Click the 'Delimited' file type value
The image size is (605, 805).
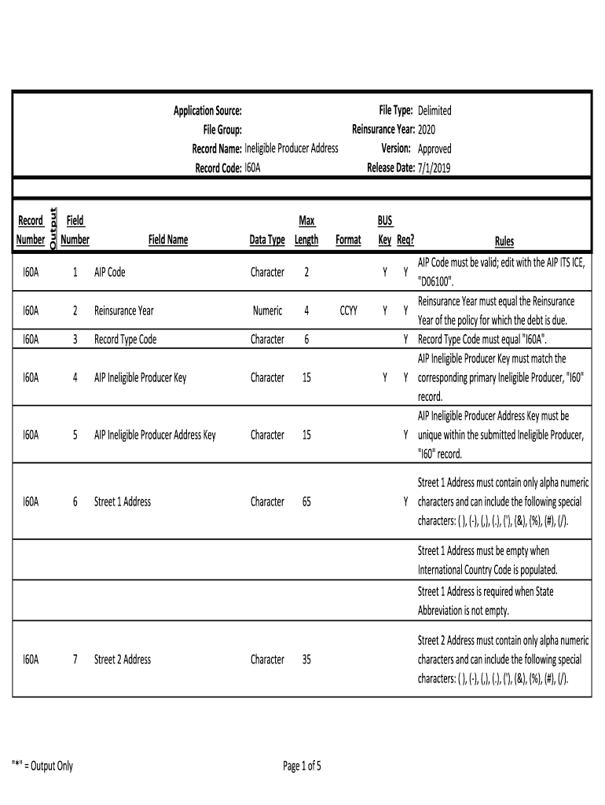[x=434, y=111]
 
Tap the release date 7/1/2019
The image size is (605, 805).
[x=434, y=167]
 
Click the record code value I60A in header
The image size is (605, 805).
[x=253, y=167]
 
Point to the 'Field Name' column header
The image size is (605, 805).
[x=168, y=241]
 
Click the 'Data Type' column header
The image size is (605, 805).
[x=267, y=241]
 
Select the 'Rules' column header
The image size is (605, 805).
[x=504, y=241]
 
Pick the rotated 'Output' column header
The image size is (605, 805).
[x=53, y=230]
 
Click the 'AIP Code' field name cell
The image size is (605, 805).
[x=109, y=273]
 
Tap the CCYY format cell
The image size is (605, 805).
[x=348, y=311]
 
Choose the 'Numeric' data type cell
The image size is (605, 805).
[x=267, y=311]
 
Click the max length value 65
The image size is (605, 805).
[x=306, y=502]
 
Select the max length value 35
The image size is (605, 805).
[x=306, y=660]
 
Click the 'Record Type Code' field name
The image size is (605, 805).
[x=125, y=340]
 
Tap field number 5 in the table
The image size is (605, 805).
[x=75, y=435]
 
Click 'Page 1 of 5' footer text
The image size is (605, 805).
[x=302, y=766]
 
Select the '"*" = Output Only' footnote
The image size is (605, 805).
[x=42, y=766]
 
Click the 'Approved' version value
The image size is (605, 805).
[x=434, y=149]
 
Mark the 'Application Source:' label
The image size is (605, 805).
[x=207, y=111]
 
